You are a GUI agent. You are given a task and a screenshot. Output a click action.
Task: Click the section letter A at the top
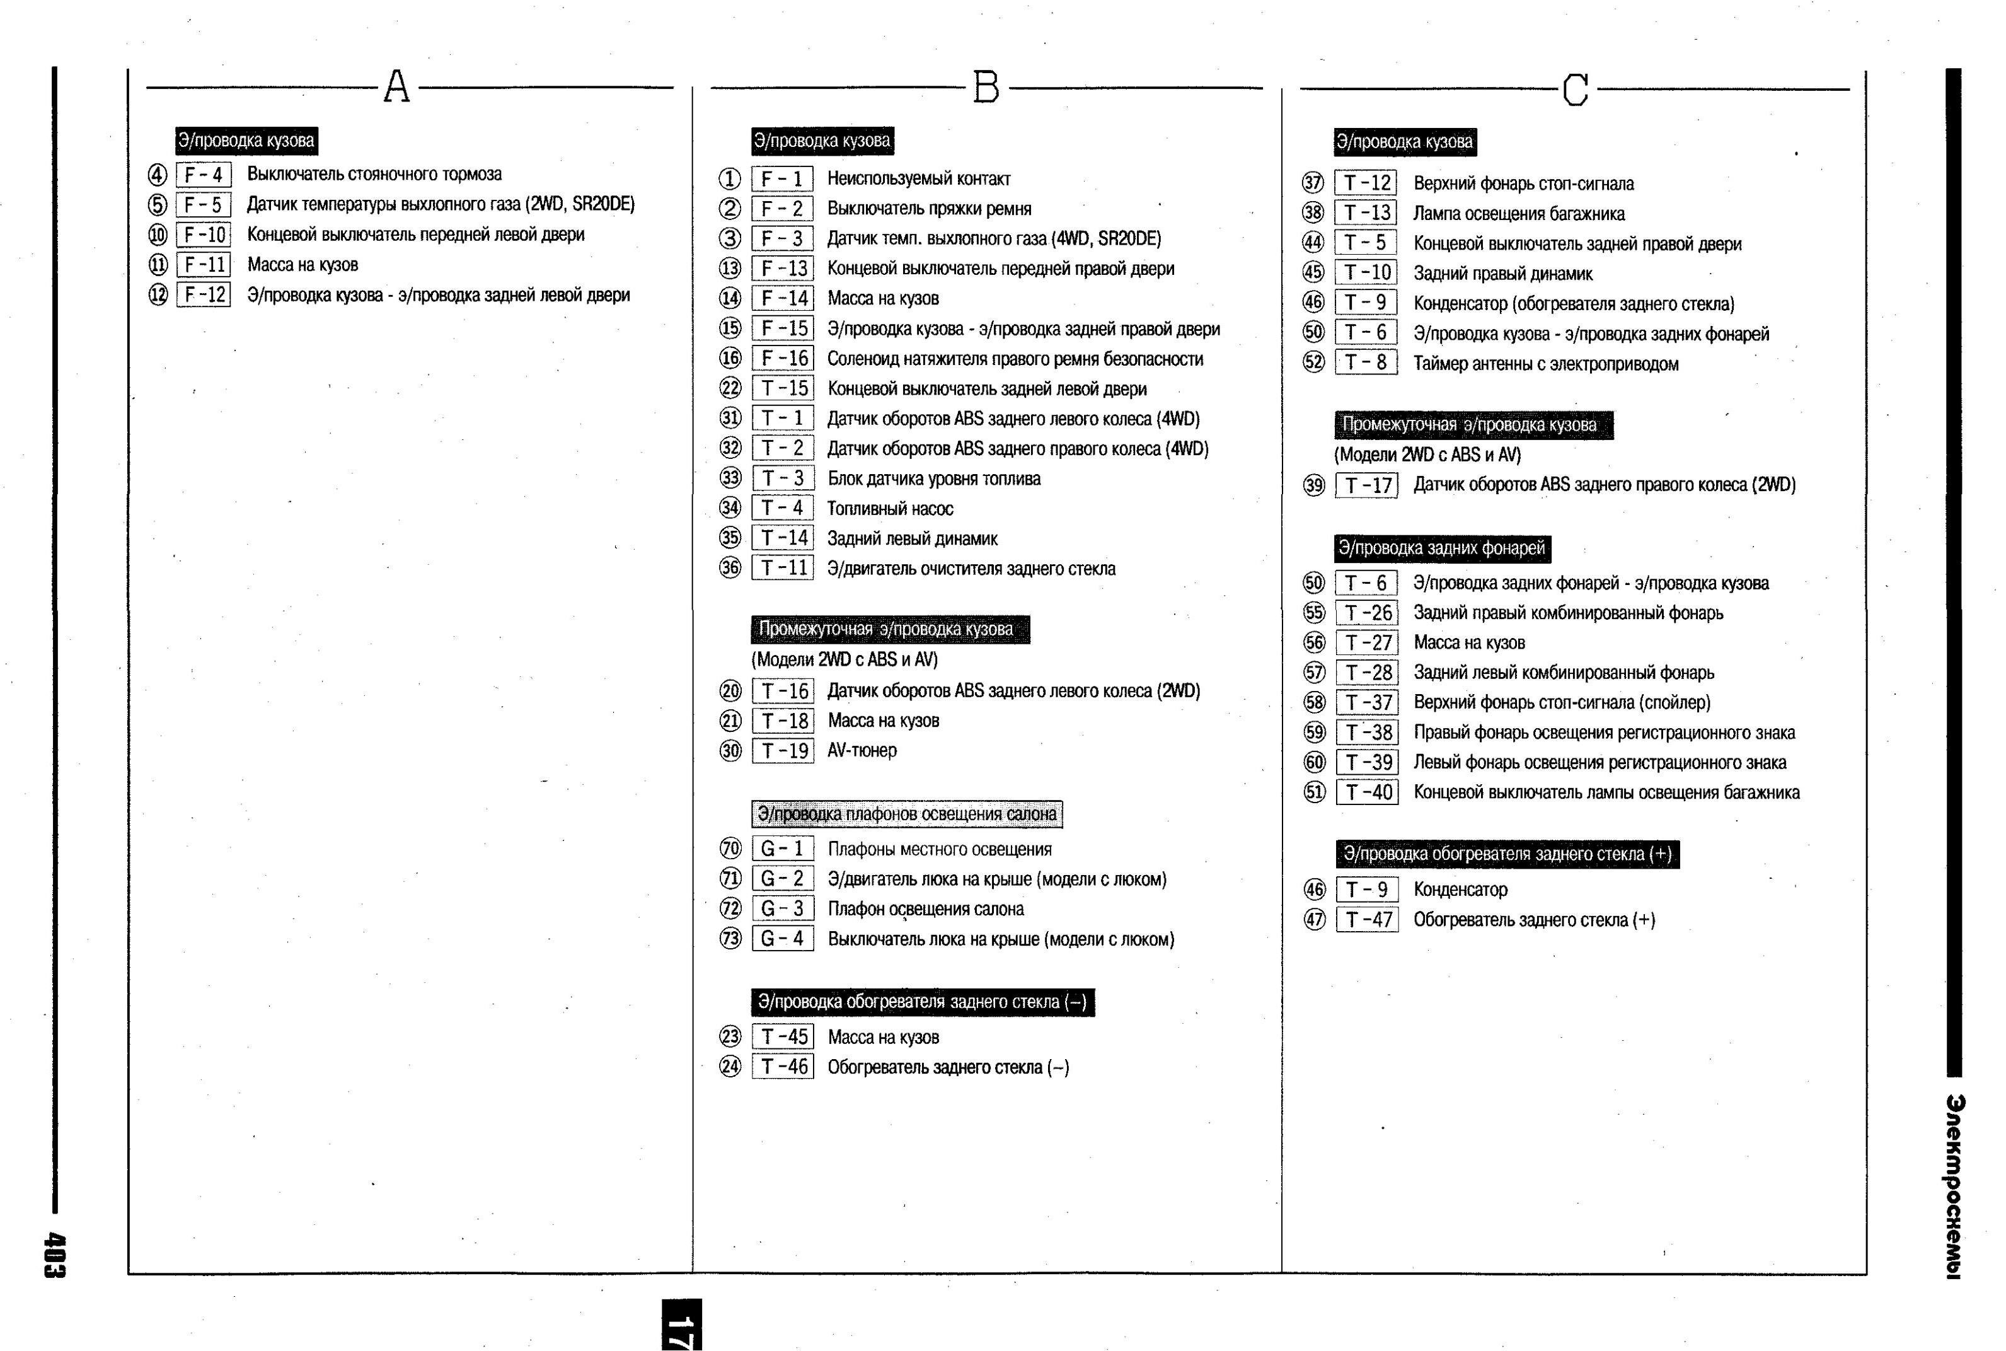click(396, 87)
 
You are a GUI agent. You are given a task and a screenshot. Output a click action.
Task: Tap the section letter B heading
click(986, 87)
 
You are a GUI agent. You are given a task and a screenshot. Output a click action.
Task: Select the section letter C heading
click(1576, 90)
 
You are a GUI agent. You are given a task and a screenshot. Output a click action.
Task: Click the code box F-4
click(204, 175)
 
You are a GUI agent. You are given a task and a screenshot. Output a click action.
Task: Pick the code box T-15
click(783, 388)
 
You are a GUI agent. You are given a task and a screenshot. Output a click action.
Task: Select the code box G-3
click(782, 909)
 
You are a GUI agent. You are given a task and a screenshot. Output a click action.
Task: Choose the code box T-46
click(783, 1067)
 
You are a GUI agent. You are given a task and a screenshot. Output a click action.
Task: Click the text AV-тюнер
click(862, 750)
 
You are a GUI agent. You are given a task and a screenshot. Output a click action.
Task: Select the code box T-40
click(1367, 792)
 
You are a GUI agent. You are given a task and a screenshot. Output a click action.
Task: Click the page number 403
click(54, 1255)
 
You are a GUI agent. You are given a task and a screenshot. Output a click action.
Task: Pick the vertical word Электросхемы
click(1954, 1186)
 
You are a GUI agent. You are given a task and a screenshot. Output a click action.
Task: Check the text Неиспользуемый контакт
click(918, 179)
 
